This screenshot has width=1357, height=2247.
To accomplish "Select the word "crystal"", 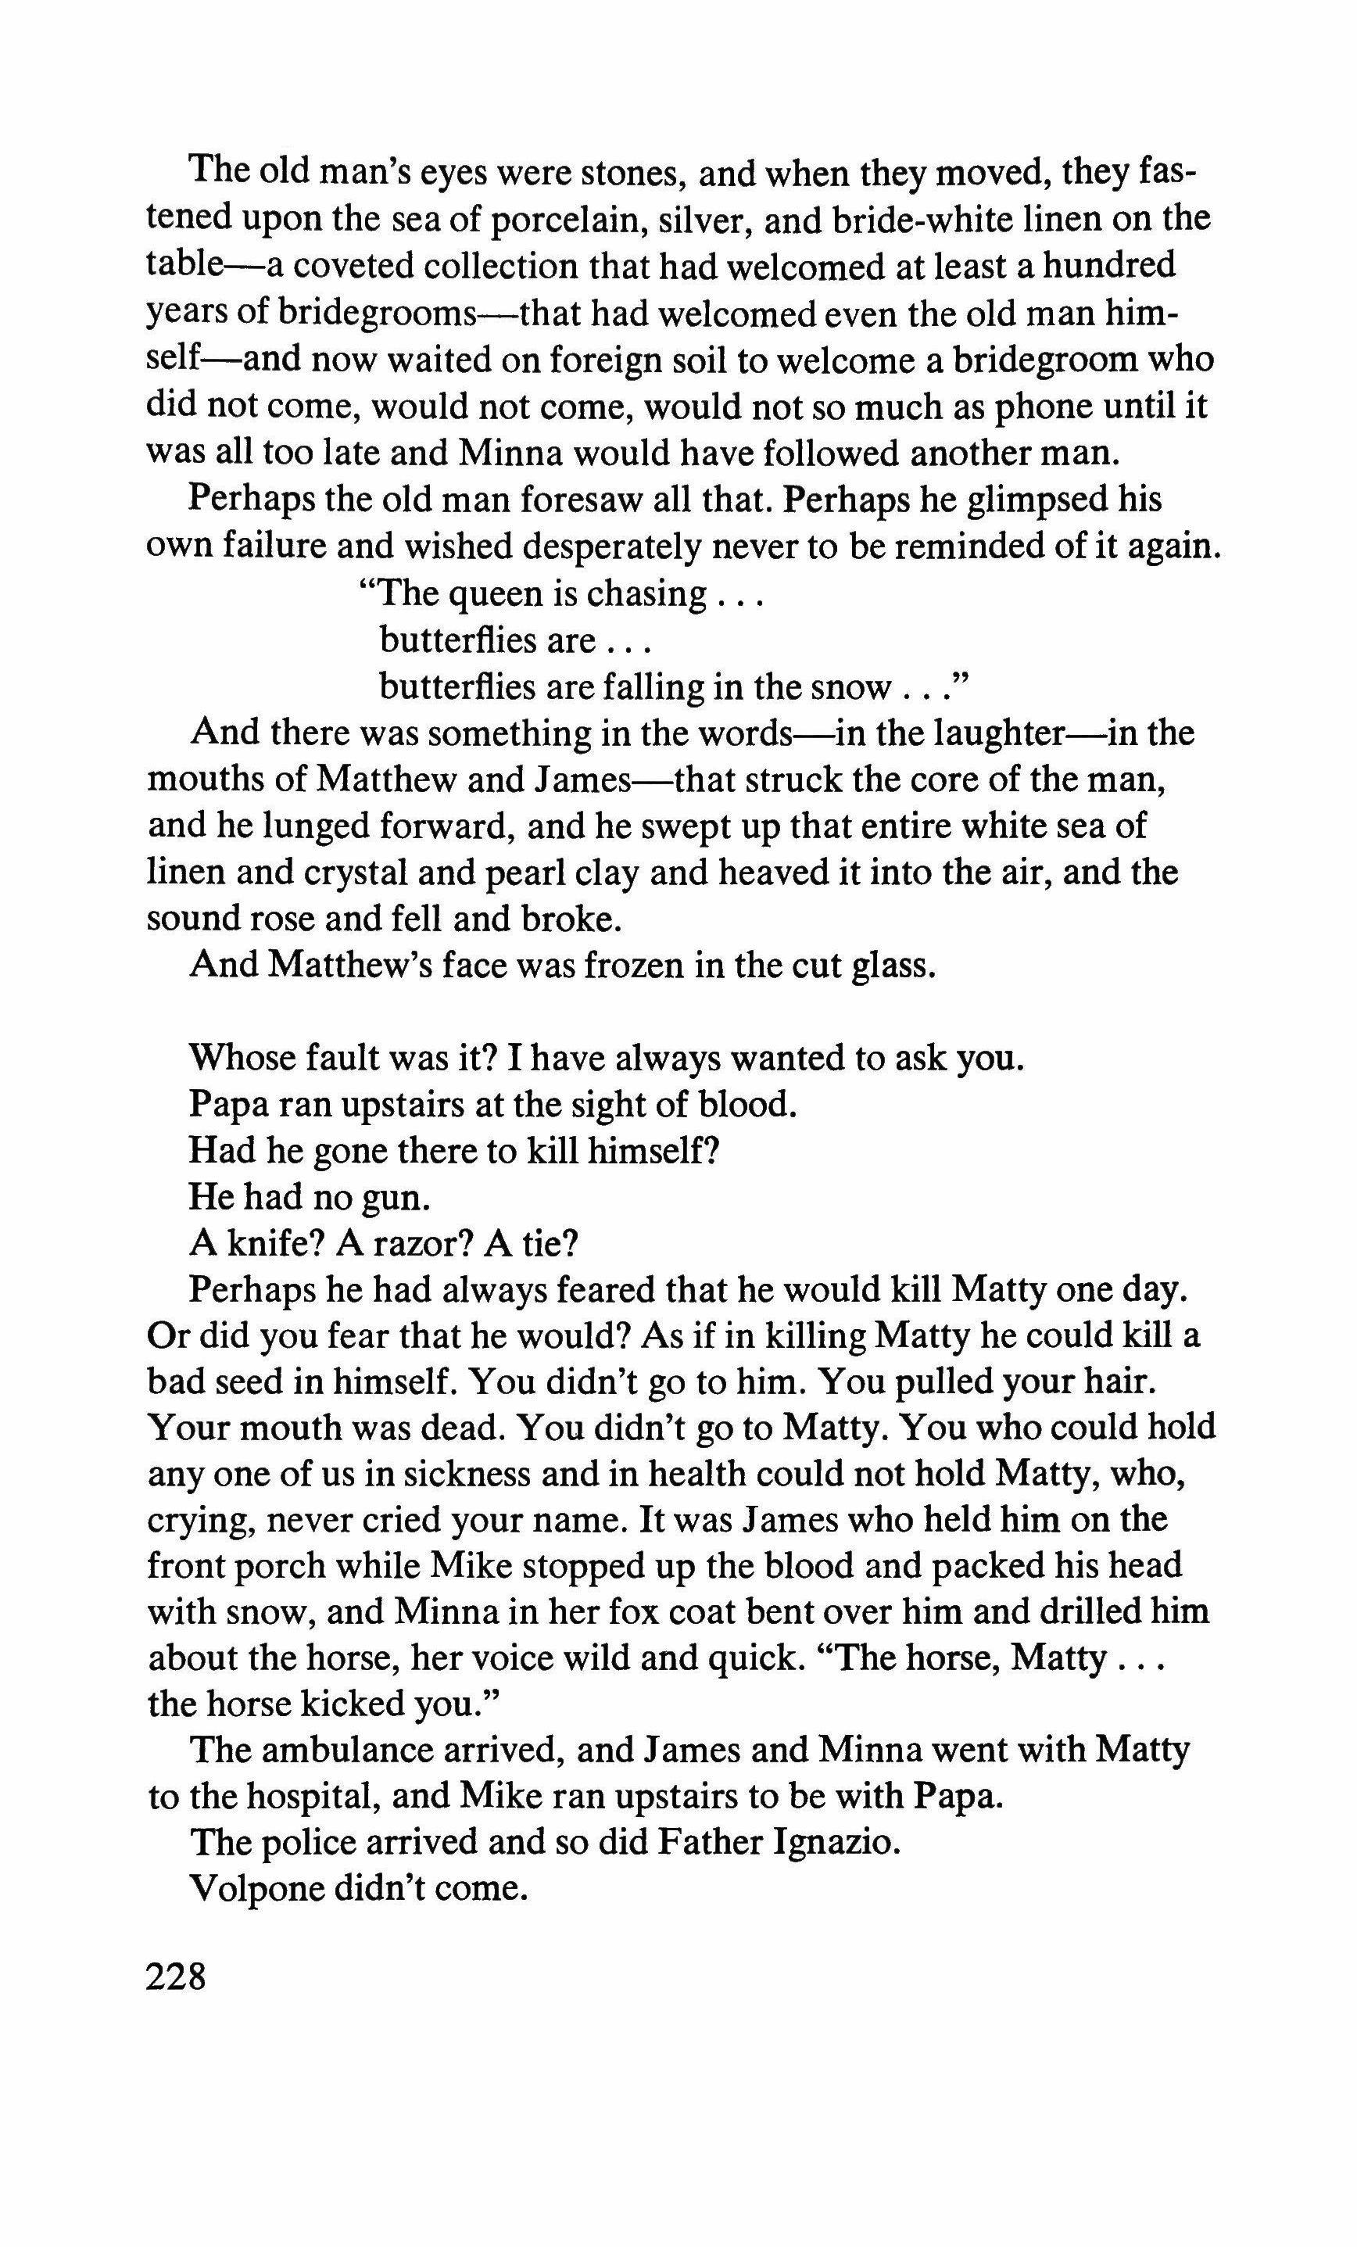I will pos(327,873).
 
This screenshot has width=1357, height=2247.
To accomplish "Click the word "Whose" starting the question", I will pos(240,1059).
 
